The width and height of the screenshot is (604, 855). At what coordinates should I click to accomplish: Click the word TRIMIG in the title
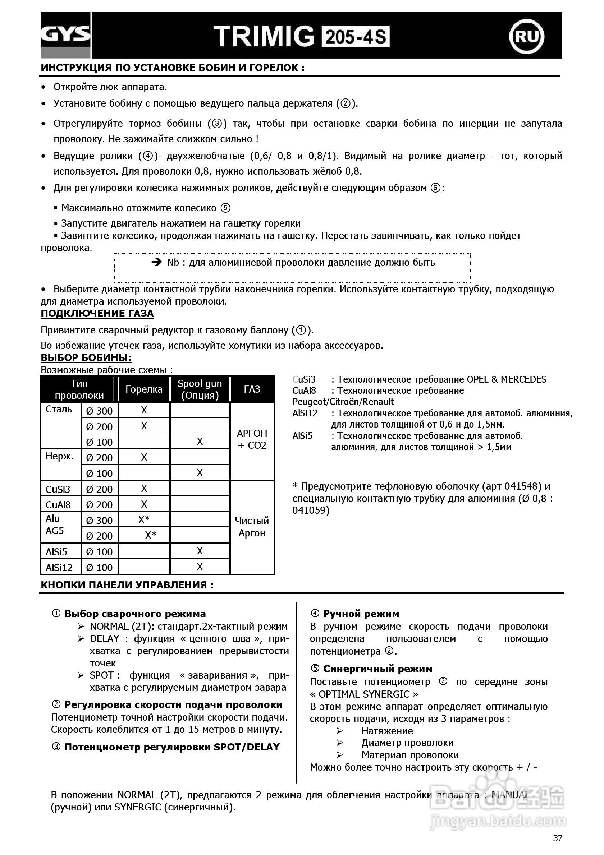[264, 37]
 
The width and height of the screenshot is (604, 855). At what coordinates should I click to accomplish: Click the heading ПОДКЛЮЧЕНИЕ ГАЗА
[97, 314]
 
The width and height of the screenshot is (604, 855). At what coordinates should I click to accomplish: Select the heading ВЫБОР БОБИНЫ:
[86, 357]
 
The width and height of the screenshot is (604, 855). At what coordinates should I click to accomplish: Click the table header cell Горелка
[144, 389]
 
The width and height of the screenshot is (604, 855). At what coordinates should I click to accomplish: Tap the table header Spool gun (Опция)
[200, 389]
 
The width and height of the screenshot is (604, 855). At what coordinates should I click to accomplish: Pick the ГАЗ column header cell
[252, 389]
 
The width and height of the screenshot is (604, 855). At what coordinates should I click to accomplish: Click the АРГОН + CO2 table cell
[252, 439]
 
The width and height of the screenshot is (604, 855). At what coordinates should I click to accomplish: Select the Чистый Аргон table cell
[252, 527]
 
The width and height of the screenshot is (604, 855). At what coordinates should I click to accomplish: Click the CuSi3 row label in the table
[58, 489]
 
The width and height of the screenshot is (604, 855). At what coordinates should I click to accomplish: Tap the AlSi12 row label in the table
[59, 568]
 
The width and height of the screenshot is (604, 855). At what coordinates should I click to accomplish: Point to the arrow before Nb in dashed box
[156, 263]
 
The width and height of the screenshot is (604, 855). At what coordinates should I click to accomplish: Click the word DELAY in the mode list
[104, 639]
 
